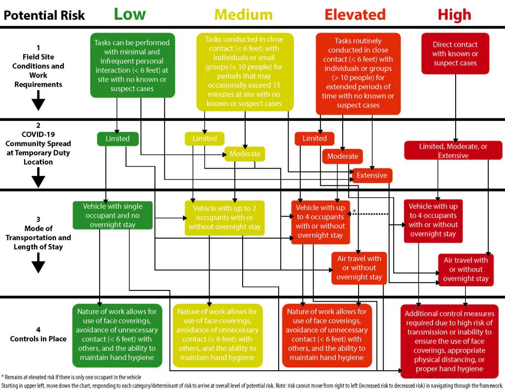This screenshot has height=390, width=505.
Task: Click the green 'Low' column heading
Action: [x=130, y=14]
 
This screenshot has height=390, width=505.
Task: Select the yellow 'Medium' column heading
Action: [x=244, y=15]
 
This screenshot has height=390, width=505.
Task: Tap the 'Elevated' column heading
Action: [x=355, y=15]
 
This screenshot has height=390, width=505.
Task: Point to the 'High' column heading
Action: [x=454, y=15]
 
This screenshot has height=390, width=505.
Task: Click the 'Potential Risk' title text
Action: [x=44, y=15]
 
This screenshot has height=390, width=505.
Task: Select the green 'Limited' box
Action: [x=118, y=139]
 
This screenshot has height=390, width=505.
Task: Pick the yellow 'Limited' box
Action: [x=205, y=139]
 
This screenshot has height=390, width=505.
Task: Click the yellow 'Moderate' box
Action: [x=245, y=154]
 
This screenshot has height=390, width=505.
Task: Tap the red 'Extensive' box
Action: [x=372, y=176]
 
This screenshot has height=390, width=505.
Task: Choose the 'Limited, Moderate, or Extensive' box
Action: [x=453, y=150]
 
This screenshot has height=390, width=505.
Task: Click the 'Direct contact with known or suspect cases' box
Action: [x=455, y=53]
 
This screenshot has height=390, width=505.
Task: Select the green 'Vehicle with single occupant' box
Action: [x=113, y=215]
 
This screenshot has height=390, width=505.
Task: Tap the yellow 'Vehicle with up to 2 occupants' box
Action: [x=224, y=218]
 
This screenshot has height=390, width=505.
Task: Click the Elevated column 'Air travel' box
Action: [x=359, y=268]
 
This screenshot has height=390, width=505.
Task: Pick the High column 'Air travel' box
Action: [x=466, y=270]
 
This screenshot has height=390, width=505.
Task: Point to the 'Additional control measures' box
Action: [x=449, y=341]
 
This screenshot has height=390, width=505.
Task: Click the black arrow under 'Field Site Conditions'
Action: [x=38, y=100]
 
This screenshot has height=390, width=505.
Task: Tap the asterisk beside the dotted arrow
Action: [x=354, y=211]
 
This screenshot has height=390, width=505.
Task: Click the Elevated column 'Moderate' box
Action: [x=343, y=156]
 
